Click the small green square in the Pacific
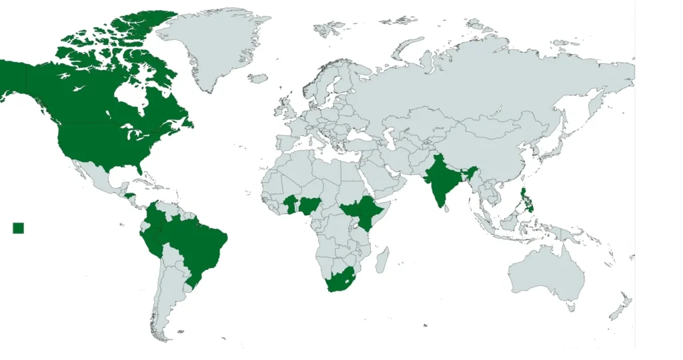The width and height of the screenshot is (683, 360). [18, 228]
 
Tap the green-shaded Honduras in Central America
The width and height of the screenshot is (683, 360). [130, 195]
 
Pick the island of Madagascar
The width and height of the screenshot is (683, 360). [382, 259]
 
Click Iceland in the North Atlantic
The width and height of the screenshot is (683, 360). [257, 78]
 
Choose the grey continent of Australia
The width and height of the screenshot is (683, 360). [547, 270]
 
